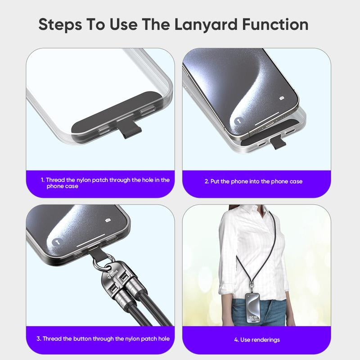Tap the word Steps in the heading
pos(59,24)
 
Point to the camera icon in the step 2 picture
pos(282,98)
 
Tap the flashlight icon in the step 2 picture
pos(237,121)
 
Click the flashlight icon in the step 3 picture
pos(56,242)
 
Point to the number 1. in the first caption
pos(43,180)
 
